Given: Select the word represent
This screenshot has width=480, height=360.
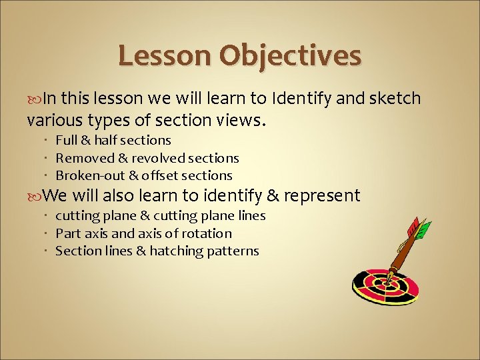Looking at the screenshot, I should (x=321, y=196).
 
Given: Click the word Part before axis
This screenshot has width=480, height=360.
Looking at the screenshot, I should (x=67, y=233).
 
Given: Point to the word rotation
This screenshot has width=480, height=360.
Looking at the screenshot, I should (x=209, y=233).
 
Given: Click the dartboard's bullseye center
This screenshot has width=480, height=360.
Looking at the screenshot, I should (x=385, y=283).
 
